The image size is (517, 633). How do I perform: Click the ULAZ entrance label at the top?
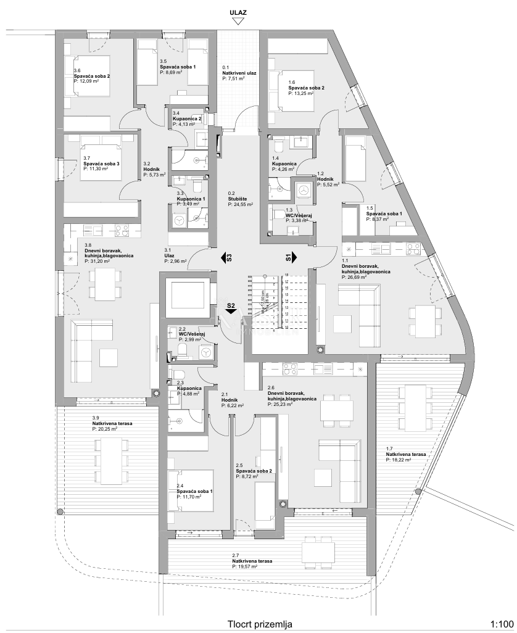coord(238,11)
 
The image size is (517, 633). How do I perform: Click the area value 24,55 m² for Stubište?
coord(239,204)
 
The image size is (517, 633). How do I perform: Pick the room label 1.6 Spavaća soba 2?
coord(306,88)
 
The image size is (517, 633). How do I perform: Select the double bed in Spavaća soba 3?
coord(102,161)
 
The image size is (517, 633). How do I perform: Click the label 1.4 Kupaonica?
coord(284,163)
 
